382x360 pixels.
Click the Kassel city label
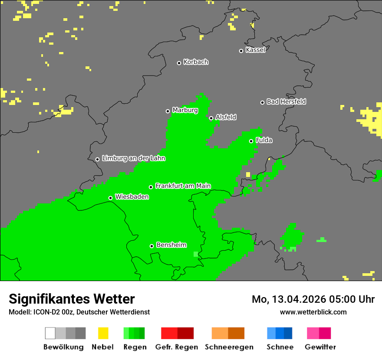tap(255, 50)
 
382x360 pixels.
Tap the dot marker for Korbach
tap(179, 63)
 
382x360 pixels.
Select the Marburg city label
tap(185, 110)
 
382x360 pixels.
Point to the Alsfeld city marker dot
tap(211, 118)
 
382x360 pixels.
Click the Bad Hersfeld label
tap(286, 101)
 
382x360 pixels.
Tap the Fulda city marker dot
tap(251, 141)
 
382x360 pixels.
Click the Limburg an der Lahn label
tap(133, 158)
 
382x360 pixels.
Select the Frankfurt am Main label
tap(183, 186)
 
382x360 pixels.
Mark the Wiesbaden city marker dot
tap(110, 198)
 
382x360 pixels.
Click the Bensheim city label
tap(171, 245)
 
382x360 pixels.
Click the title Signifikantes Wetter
tap(72, 299)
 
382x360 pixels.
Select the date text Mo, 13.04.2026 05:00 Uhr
tap(313, 299)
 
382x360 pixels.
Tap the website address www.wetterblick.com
tap(313, 312)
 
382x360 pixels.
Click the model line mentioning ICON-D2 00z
tap(79, 312)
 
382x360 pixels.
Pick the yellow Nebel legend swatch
tap(103, 333)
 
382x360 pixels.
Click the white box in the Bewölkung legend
tap(50, 333)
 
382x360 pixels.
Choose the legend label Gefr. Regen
tap(177, 347)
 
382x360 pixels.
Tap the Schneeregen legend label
tap(229, 347)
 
